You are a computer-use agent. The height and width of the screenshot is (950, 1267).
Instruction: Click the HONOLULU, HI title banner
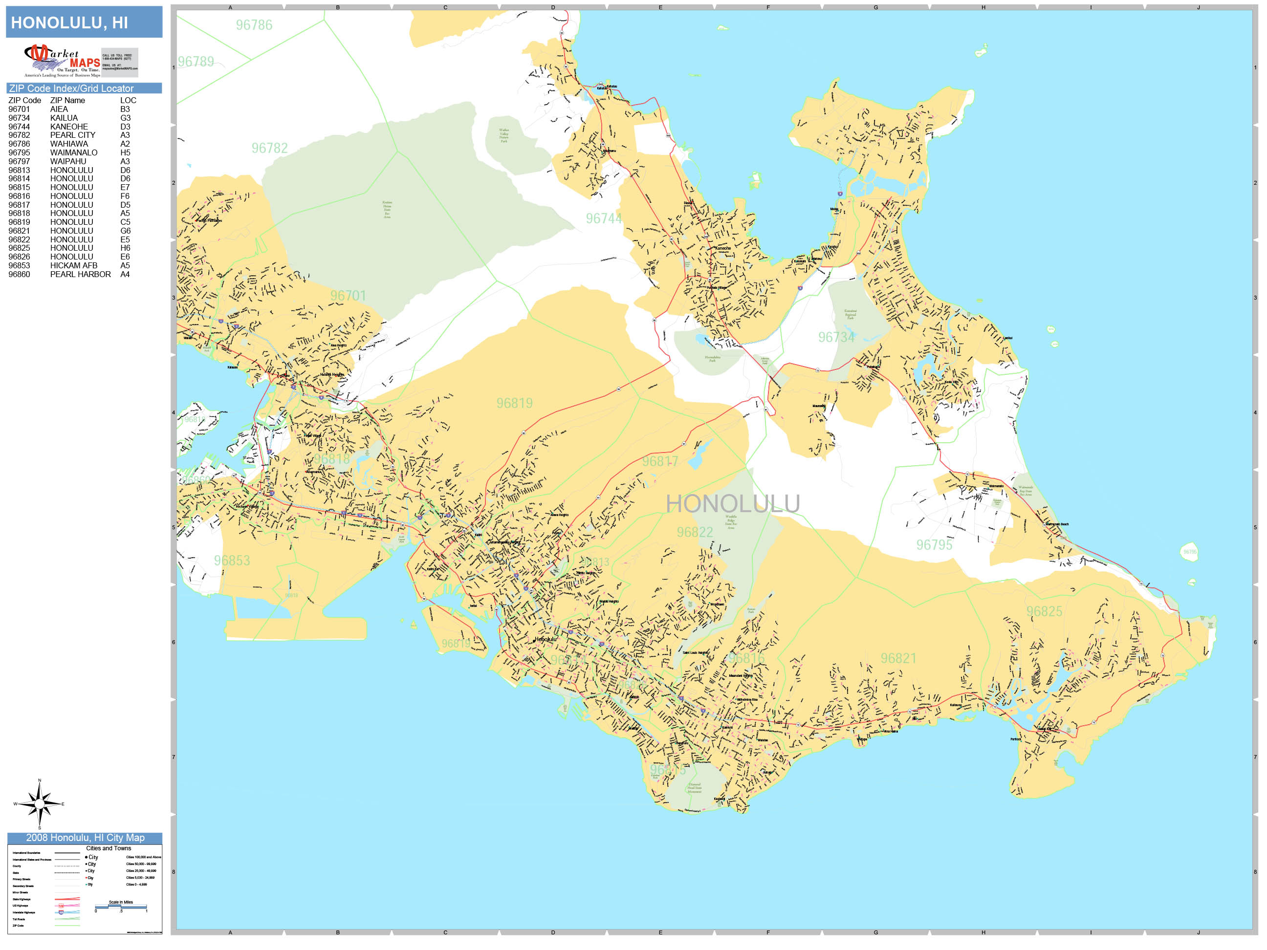[84, 22]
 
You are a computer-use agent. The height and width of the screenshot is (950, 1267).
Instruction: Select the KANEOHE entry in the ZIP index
[69, 127]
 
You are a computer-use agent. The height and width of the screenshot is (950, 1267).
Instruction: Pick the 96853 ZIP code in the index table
[19, 266]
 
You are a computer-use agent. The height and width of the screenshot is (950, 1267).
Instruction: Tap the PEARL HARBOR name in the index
[80, 274]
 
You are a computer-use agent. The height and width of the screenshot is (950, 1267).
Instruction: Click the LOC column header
[128, 100]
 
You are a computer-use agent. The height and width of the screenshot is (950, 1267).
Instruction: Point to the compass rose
[39, 804]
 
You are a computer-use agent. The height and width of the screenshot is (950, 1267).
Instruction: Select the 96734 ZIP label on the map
[836, 337]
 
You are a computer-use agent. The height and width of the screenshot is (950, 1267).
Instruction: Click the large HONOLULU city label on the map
[733, 504]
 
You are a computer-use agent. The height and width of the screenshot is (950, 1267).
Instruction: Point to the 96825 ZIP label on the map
[1044, 611]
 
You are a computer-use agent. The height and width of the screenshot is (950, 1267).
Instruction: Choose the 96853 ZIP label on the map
[232, 561]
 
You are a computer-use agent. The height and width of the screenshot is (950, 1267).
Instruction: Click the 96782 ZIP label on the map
[269, 148]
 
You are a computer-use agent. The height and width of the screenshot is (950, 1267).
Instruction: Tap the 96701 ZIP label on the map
[348, 296]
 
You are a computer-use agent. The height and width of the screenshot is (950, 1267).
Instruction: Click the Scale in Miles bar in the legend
[121, 907]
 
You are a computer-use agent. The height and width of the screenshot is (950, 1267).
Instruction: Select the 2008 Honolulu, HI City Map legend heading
[85, 838]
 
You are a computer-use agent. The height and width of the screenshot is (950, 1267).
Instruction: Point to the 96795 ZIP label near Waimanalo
[934, 544]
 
